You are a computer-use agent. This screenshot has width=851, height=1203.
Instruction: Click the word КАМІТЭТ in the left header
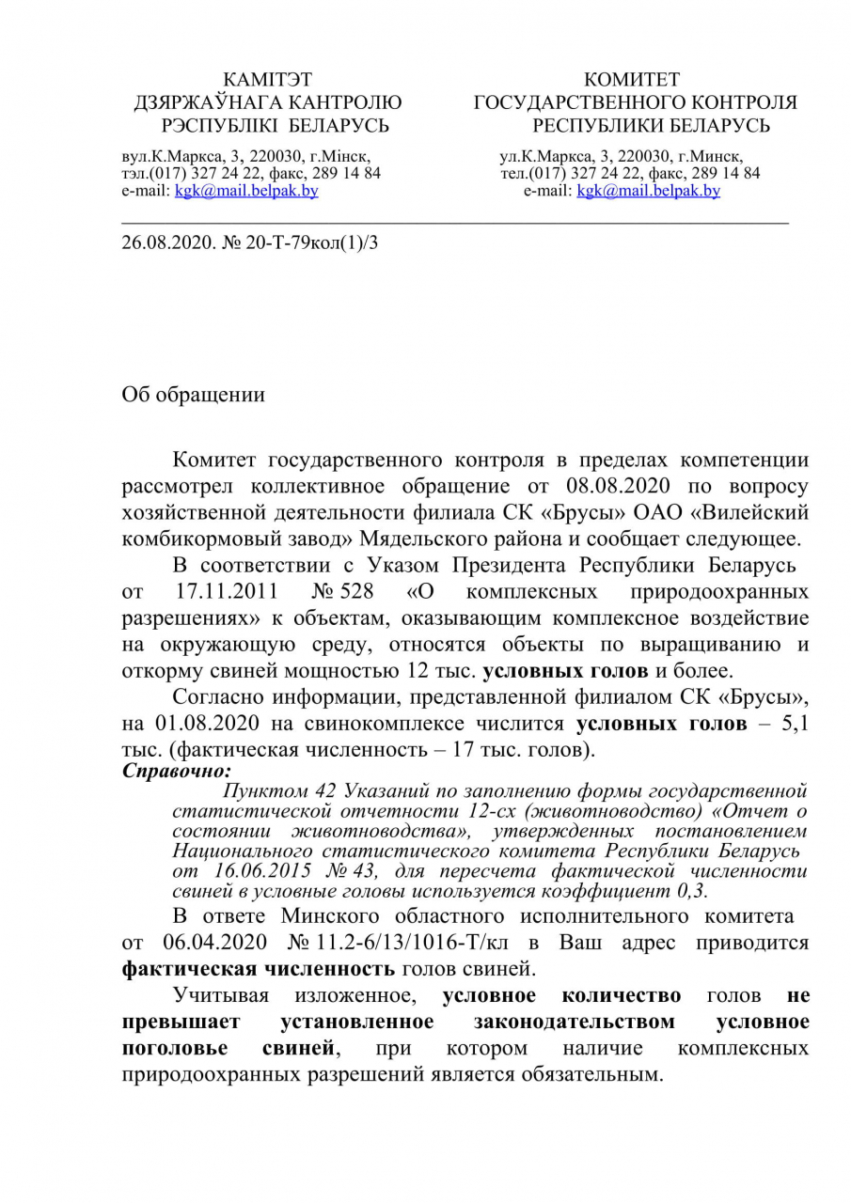[268, 80]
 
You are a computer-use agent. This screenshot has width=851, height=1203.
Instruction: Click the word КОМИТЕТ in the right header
[632, 80]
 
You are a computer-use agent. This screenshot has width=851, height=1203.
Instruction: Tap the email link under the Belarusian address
[247, 191]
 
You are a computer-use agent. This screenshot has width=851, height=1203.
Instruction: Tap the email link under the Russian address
[649, 191]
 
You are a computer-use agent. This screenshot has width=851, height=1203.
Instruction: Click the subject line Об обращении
[194, 395]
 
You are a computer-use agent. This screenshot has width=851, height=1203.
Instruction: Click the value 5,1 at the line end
[795, 725]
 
